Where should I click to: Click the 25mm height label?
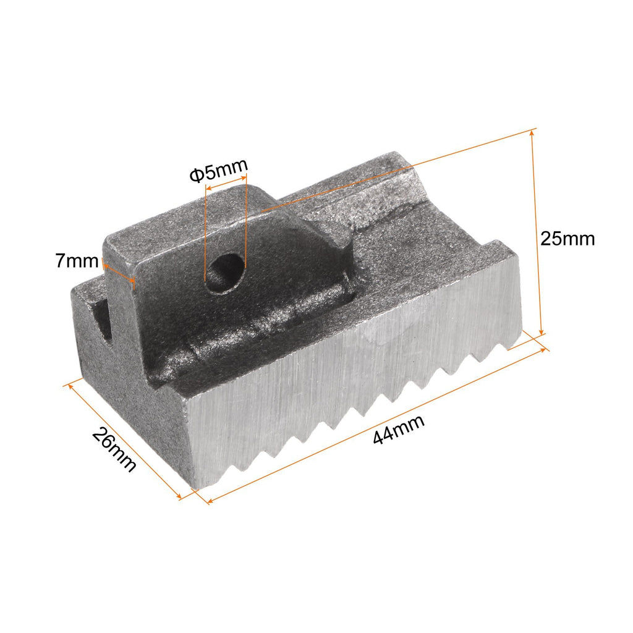pos(567,239)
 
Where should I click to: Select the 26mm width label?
pos(114,449)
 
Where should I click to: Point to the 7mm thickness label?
pos(77,261)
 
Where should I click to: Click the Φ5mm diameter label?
pos(218,171)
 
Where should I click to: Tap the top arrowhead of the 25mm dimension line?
pos(533,133)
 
